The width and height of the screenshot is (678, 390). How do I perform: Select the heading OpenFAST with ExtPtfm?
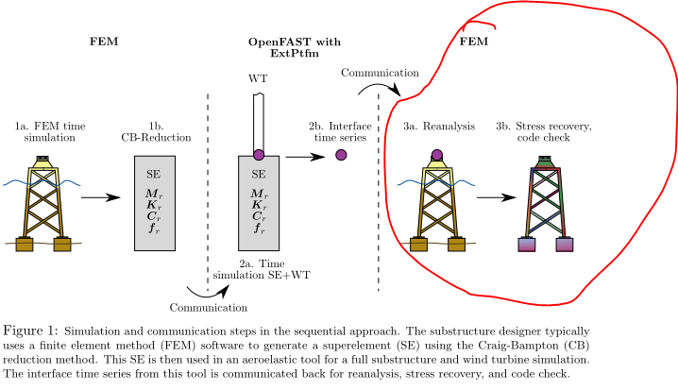[x=295, y=49]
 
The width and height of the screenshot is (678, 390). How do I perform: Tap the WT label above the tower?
[x=257, y=79]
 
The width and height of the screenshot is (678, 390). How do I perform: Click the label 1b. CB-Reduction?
[x=156, y=132]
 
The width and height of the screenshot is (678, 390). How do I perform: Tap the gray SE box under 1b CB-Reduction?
[x=157, y=204]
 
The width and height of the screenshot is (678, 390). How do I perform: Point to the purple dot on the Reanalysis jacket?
[x=436, y=155]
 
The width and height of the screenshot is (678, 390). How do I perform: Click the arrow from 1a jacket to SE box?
[x=100, y=198]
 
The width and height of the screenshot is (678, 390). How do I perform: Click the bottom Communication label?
[x=208, y=307]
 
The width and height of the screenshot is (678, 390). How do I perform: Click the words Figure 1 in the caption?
[x=30, y=330]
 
